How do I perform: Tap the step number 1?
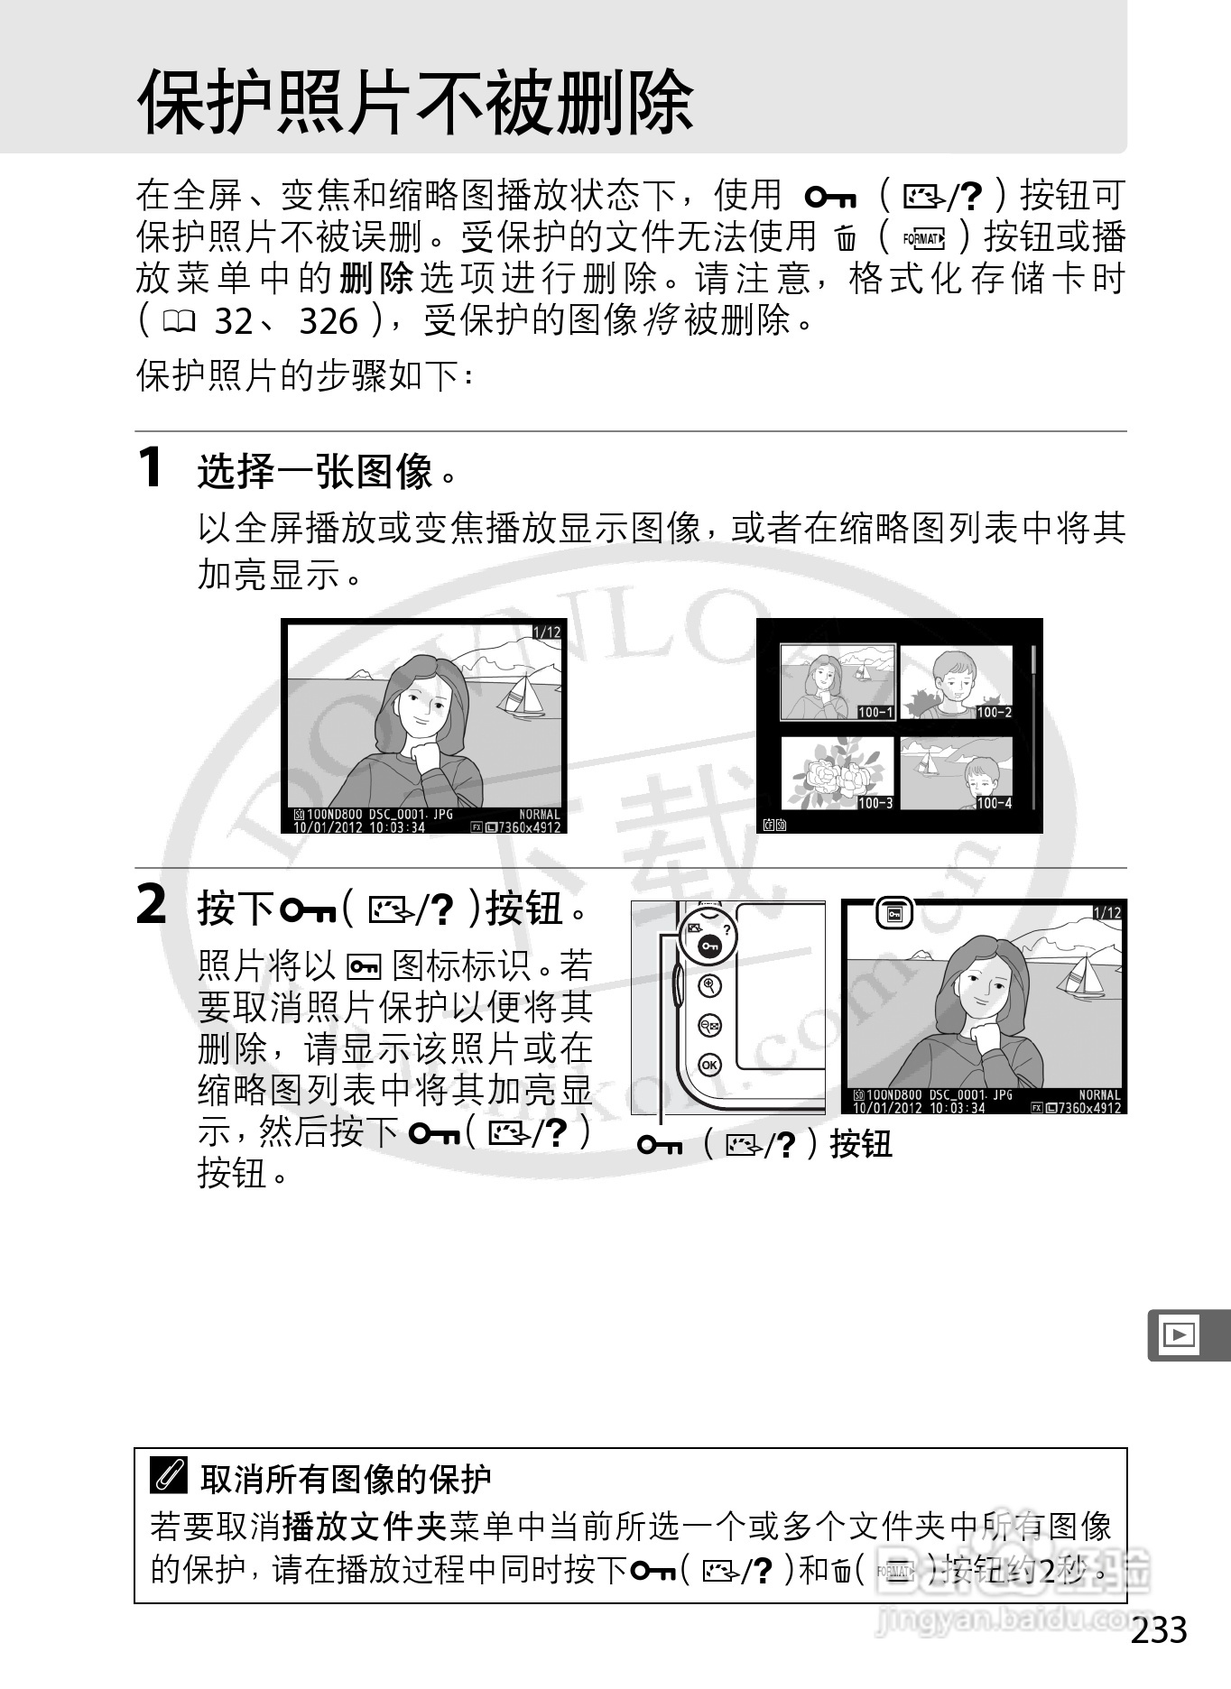(151, 467)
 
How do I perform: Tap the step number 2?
(152, 905)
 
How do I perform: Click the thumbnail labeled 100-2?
(956, 682)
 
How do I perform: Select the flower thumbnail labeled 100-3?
(837, 773)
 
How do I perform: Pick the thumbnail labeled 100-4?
(956, 773)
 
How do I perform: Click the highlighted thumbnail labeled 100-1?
(837, 682)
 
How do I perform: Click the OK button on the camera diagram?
(710, 1065)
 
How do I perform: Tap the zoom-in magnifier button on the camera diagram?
(710, 986)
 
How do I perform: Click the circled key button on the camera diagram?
(708, 946)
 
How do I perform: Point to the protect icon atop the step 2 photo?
(894, 914)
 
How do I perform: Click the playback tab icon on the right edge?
(1180, 1334)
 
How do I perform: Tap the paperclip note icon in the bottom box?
(170, 1477)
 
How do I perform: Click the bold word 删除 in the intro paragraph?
(376, 279)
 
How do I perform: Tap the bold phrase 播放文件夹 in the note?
(365, 1526)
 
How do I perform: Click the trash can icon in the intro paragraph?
(846, 239)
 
